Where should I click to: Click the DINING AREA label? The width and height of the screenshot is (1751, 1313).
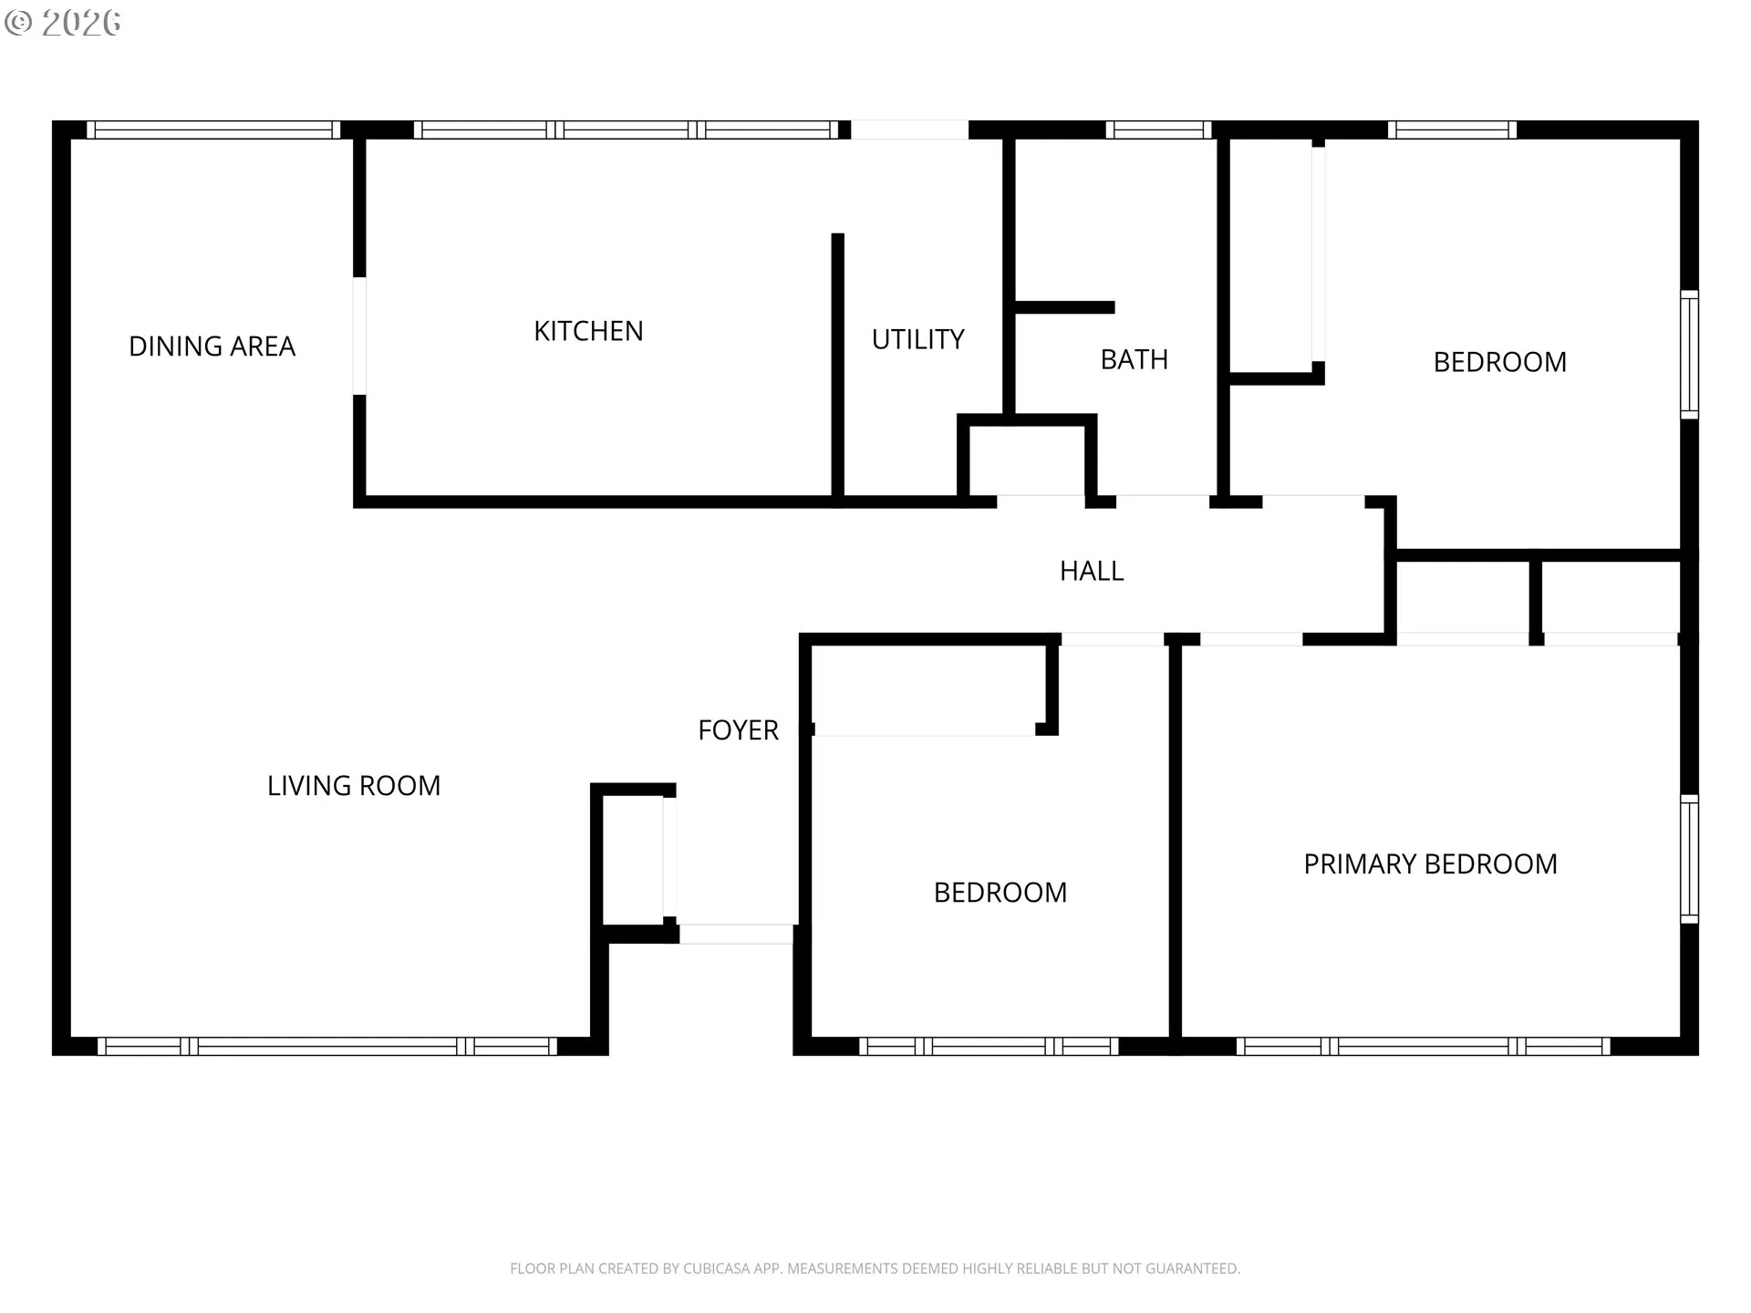pyautogui.click(x=212, y=346)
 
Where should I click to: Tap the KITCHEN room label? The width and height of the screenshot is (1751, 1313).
pyautogui.click(x=588, y=331)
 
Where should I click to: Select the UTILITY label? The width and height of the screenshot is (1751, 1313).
pyautogui.click(x=917, y=339)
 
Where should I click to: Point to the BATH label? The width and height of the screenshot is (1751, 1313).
pyautogui.click(x=1134, y=359)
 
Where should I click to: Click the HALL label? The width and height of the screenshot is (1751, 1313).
pyautogui.click(x=1092, y=571)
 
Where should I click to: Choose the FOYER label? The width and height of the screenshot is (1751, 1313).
pyautogui.click(x=738, y=730)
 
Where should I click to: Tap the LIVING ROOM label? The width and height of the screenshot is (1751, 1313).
pyautogui.click(x=354, y=786)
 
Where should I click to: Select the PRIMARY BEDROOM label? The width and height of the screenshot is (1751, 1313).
pyautogui.click(x=1430, y=864)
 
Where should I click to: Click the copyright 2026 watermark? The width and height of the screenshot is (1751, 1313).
pyautogui.click(x=62, y=23)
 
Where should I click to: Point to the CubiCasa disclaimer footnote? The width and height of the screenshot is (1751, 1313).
pyautogui.click(x=875, y=1268)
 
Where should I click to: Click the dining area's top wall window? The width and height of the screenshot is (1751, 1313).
pyautogui.click(x=213, y=129)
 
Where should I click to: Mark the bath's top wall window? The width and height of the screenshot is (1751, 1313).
pyautogui.click(x=1159, y=129)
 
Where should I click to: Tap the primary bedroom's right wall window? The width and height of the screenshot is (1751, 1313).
pyautogui.click(x=1690, y=859)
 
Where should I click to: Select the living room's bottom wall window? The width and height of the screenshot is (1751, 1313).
pyautogui.click(x=327, y=1047)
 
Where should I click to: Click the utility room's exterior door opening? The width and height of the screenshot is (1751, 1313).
pyautogui.click(x=909, y=129)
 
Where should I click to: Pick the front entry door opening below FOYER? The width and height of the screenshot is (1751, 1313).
pyautogui.click(x=737, y=934)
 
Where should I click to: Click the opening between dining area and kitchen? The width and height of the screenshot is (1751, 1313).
pyautogui.click(x=359, y=336)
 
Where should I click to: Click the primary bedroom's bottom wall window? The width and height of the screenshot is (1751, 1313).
pyautogui.click(x=1424, y=1047)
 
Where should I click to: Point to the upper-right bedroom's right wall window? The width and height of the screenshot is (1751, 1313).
pyautogui.click(x=1690, y=355)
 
